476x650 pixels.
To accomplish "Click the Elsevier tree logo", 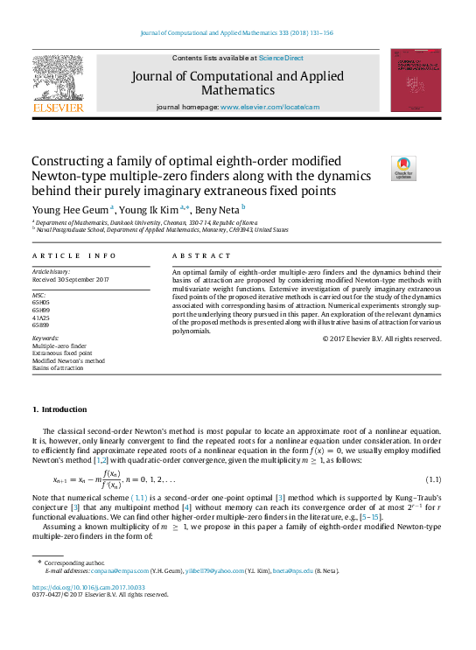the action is (x=58, y=80).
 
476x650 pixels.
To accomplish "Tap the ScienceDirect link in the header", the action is (x=281, y=58).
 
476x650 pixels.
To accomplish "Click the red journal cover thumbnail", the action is (x=416, y=80).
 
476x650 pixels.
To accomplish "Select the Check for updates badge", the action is (x=403, y=168).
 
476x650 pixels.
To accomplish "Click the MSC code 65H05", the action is (x=40, y=303).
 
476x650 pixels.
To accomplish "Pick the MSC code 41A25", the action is (x=40, y=317).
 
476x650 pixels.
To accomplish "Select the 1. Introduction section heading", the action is (x=59, y=409).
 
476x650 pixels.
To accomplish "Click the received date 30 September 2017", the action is (x=79, y=279).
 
